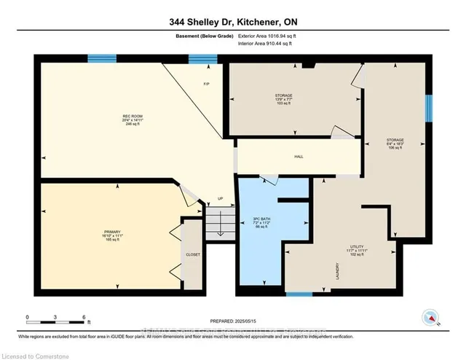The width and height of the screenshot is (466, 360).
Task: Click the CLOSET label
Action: coord(193,254)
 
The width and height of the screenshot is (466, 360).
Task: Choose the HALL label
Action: coord(299,157)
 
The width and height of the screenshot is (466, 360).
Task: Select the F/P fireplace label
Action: coord(206,84)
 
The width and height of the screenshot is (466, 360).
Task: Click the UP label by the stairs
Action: coord(220,198)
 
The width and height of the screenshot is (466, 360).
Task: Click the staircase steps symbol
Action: coord(217,222)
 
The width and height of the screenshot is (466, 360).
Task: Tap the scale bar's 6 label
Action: coord(84,317)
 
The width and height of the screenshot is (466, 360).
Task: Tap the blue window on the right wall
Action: coord(428,107)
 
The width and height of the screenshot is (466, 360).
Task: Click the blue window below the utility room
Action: coord(299,294)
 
